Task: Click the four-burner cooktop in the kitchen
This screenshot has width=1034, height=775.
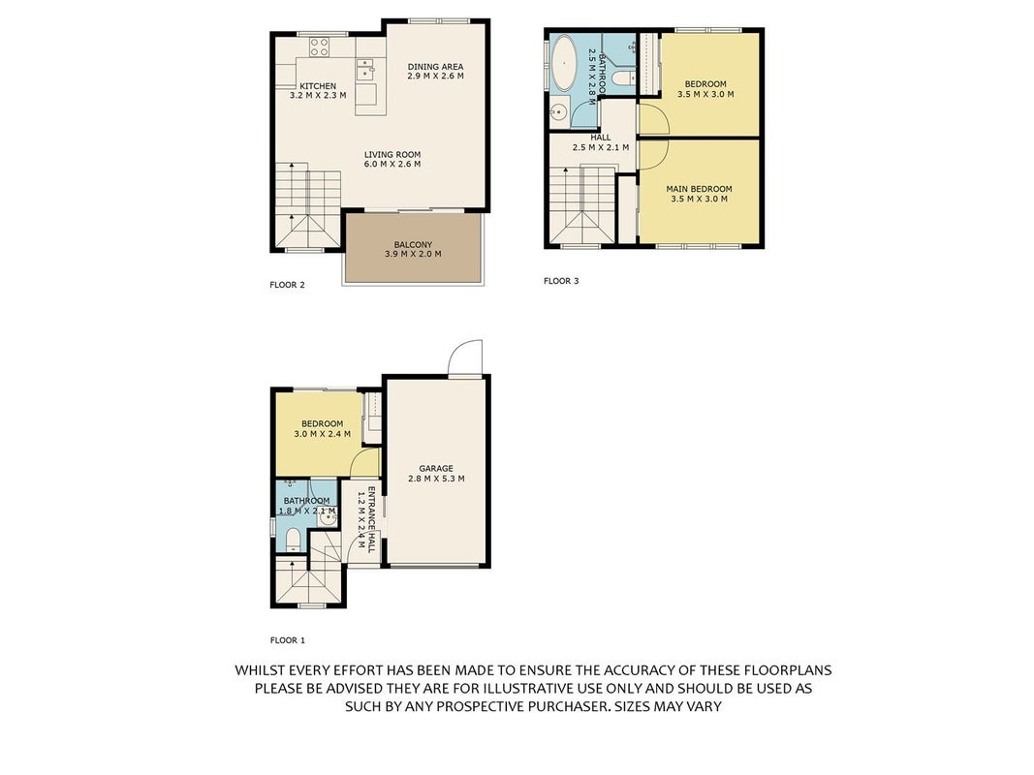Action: [x=320, y=46]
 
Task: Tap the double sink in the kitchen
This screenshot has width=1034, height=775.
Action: [x=365, y=69]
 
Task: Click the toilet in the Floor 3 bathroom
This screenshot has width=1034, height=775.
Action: [x=622, y=78]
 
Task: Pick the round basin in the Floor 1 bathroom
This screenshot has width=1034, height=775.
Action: [x=328, y=518]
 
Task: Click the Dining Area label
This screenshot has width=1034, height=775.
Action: [x=435, y=67]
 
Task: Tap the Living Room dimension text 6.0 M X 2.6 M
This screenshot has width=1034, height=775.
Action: [x=392, y=164]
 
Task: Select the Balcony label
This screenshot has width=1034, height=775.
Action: [x=413, y=244]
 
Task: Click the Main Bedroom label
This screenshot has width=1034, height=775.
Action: [x=699, y=189]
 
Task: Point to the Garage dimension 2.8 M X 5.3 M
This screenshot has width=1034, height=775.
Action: [x=436, y=479]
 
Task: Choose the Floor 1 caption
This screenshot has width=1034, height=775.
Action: [x=288, y=640]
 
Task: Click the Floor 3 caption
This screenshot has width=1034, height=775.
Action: [x=561, y=281]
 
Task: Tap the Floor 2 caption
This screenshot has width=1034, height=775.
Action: [x=288, y=285]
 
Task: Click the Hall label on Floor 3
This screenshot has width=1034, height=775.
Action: [x=601, y=137]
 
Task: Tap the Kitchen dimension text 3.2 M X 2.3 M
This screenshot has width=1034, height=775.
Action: [x=318, y=96]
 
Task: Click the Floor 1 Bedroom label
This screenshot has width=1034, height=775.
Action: [x=323, y=423]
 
